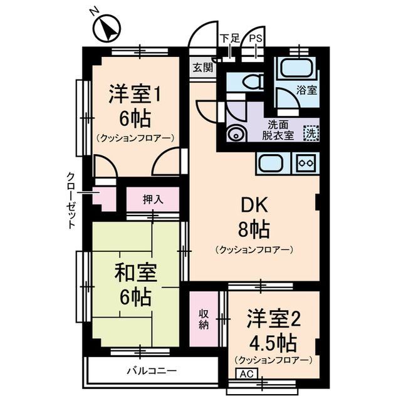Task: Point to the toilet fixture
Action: [x=250, y=82]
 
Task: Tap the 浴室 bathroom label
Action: [x=306, y=90]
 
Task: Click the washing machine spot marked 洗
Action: [x=310, y=133]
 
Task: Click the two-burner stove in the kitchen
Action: [x=306, y=163]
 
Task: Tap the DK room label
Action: [x=254, y=206]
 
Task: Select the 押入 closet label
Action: [x=152, y=200]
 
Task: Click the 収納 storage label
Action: [x=204, y=319]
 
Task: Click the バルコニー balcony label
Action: [x=145, y=370]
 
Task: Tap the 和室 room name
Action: [x=135, y=273]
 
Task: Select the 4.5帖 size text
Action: [x=272, y=343]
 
